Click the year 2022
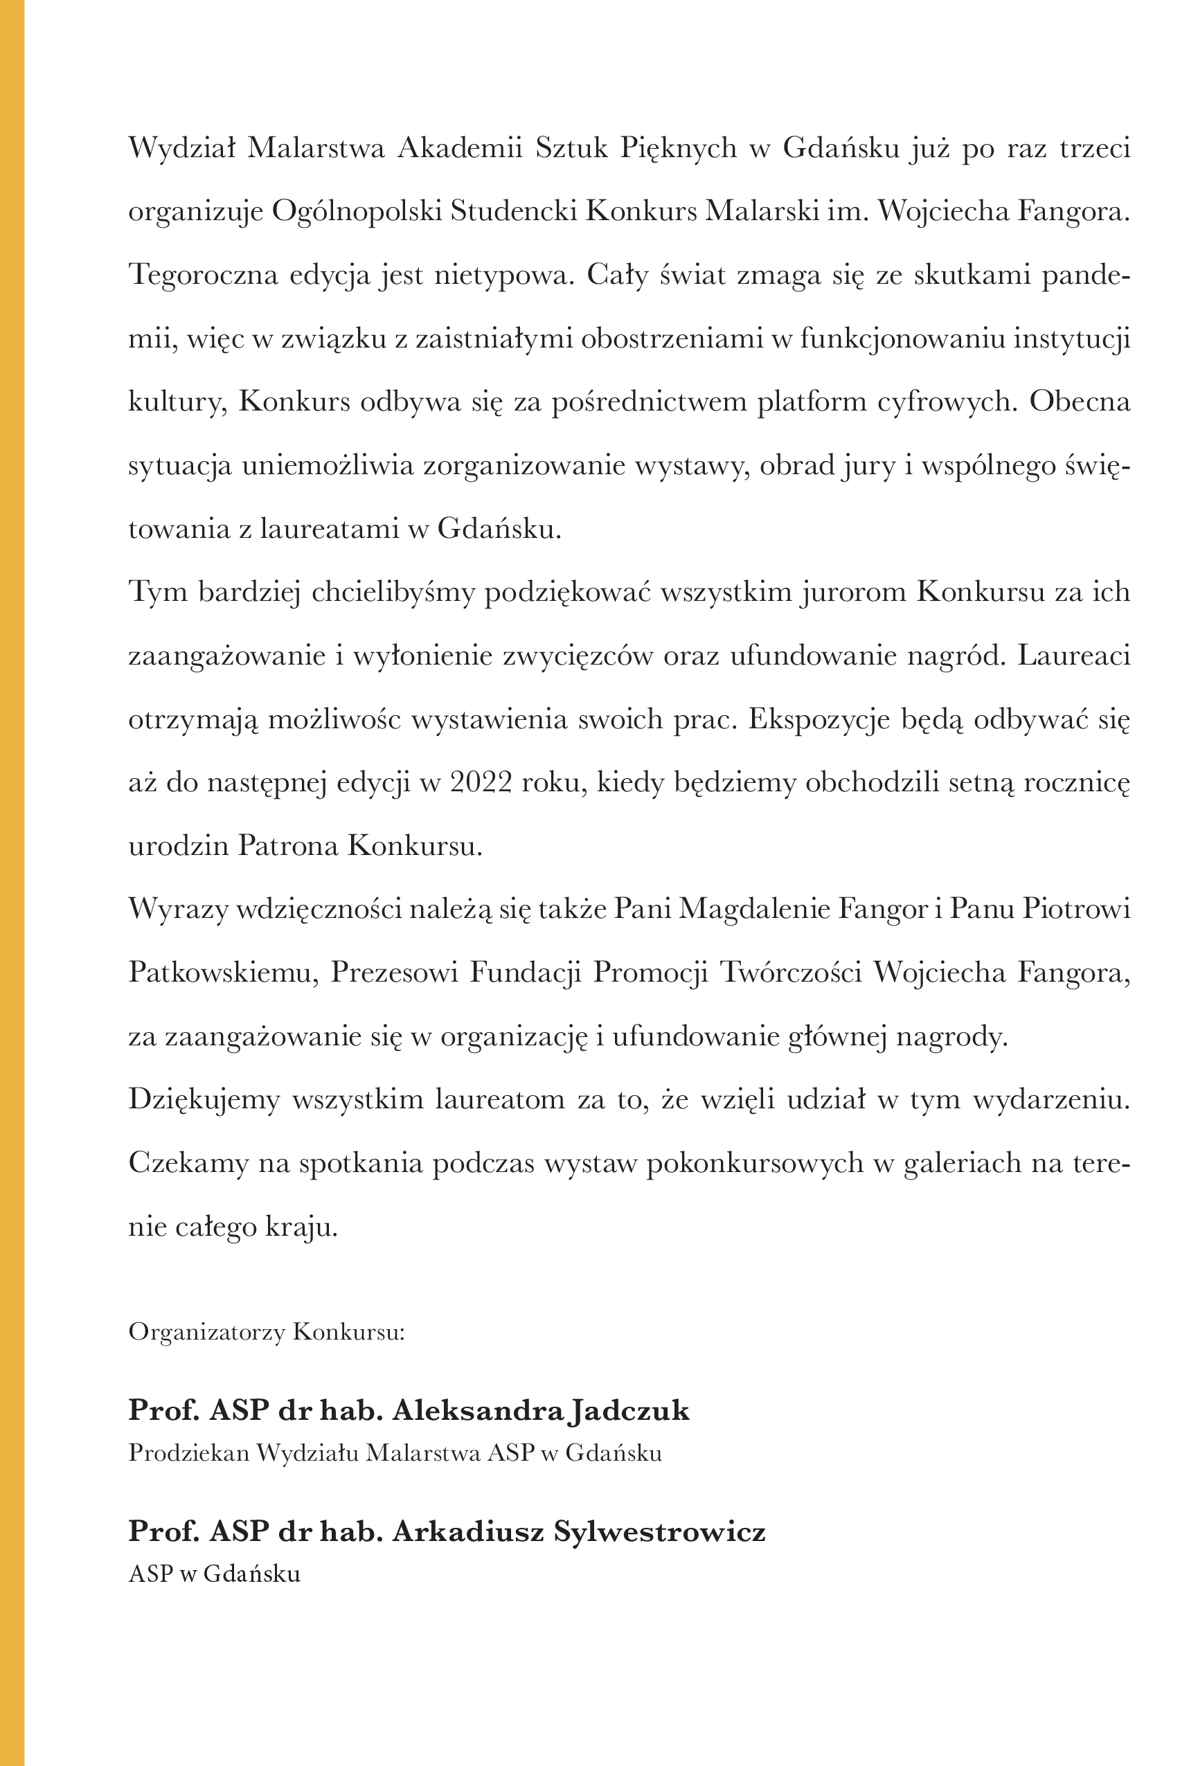(x=481, y=782)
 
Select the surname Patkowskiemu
(x=223, y=973)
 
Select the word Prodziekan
(x=188, y=1452)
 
